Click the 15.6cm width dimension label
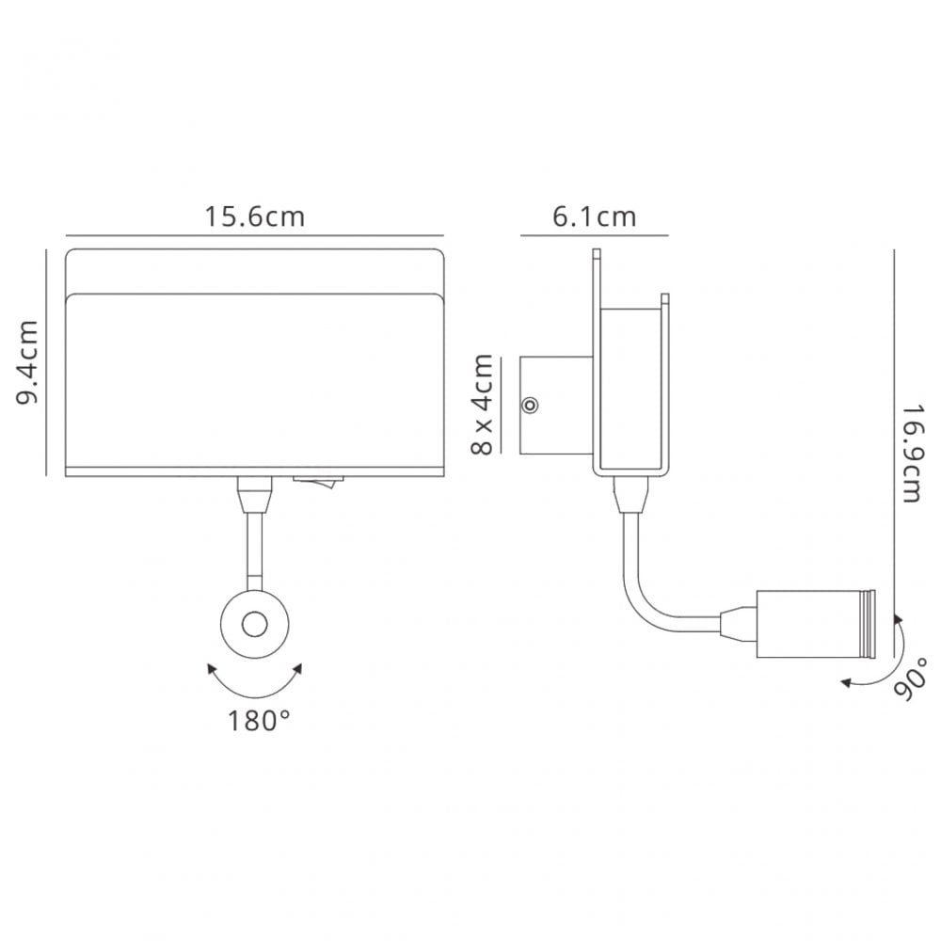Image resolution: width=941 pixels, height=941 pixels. point(254,216)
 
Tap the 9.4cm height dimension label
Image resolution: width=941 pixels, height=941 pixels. point(27,362)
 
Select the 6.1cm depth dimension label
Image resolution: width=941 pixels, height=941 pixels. point(594,216)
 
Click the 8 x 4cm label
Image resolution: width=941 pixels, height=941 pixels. point(483,405)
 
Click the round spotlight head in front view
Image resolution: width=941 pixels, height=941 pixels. point(255,625)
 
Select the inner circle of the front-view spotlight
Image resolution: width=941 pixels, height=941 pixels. point(255,625)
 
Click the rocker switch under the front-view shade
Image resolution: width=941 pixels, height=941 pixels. point(318,482)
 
